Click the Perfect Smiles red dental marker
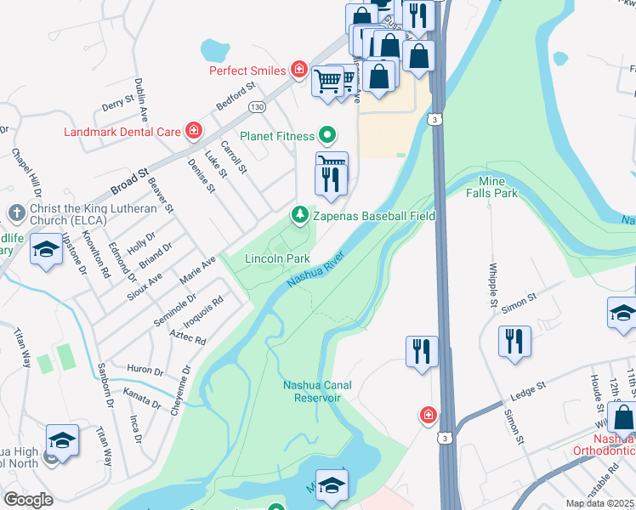pos(298,70)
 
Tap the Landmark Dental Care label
pos(122,131)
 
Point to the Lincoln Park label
pos(276,258)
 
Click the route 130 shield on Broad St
pos(257,107)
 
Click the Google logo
pos(28,500)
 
